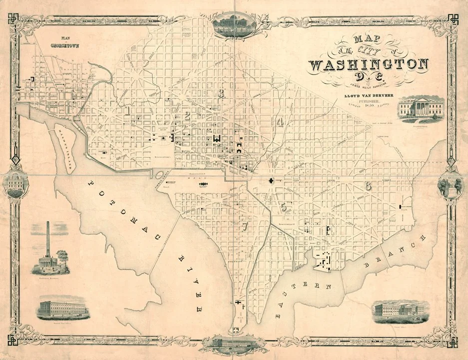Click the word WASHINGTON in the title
pos(369,64)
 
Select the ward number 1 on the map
pos(129,110)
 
